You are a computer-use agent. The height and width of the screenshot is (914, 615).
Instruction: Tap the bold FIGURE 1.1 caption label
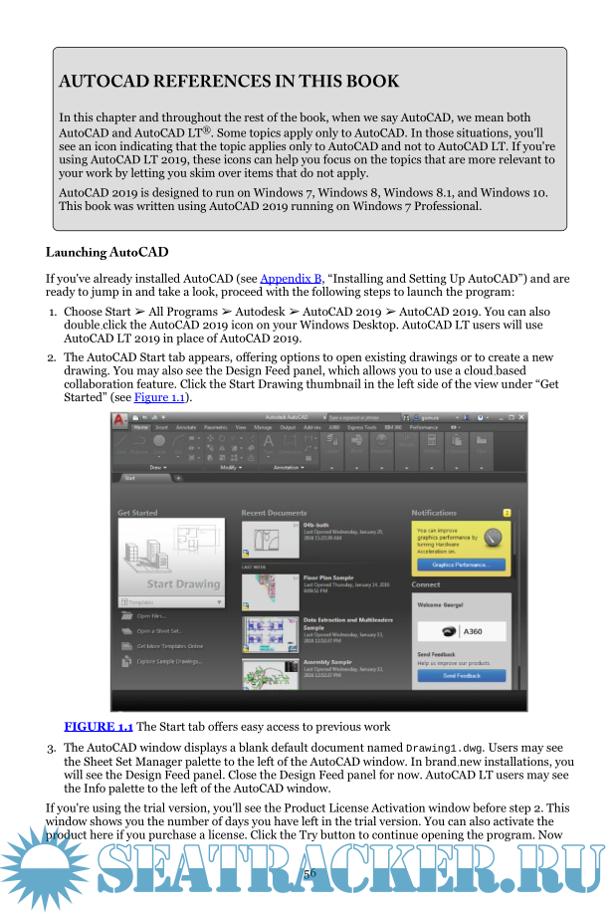pyautogui.click(x=99, y=727)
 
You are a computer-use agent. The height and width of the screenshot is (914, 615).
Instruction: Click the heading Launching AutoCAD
pyautogui.click(x=106, y=252)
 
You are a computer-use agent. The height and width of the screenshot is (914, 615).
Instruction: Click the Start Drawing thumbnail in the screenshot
pyautogui.click(x=170, y=556)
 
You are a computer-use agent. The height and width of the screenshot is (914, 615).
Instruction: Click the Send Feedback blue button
pyautogui.click(x=461, y=675)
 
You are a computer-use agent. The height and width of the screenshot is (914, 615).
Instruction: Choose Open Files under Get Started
pyautogui.click(x=152, y=615)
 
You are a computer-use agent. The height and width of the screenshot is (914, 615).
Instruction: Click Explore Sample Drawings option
pyautogui.click(x=169, y=661)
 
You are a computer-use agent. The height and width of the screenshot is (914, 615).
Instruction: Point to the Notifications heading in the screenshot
pyautogui.click(x=434, y=513)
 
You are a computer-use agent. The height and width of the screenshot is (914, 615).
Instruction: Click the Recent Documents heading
pyautogui.click(x=275, y=513)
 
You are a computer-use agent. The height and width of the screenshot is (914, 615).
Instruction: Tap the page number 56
pyautogui.click(x=309, y=872)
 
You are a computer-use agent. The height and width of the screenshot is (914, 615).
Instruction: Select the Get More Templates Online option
pyautogui.click(x=170, y=646)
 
